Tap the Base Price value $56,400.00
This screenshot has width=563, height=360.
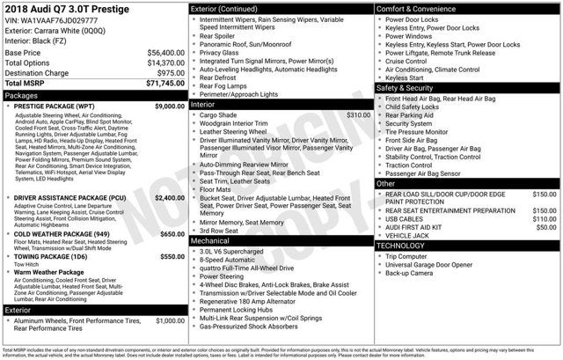(x=165, y=53)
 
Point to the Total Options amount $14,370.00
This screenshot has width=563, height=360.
(x=165, y=63)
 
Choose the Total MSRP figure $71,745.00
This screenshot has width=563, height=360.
(x=164, y=84)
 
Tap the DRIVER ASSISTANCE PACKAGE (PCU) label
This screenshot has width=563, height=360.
(x=69, y=198)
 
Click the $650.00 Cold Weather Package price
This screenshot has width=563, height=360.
(x=172, y=234)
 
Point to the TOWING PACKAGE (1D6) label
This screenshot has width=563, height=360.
(x=52, y=256)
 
